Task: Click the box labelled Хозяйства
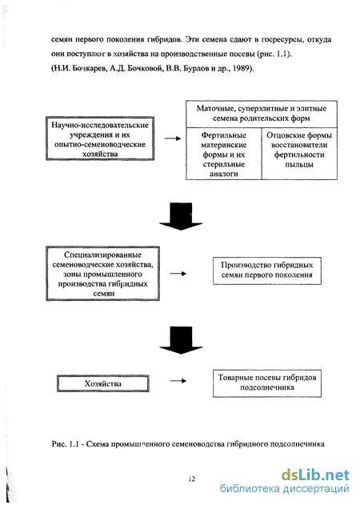[x=102, y=383]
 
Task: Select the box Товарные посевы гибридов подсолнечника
[x=267, y=383]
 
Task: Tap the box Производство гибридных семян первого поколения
[x=267, y=271]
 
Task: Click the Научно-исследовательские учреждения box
[x=100, y=138]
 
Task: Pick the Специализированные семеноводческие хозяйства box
[x=102, y=274]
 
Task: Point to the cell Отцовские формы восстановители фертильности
[x=299, y=154]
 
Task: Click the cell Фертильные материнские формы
[x=224, y=154]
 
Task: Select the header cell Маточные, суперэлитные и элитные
[x=262, y=114]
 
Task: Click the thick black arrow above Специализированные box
[x=181, y=216]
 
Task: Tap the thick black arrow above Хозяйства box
[x=181, y=340]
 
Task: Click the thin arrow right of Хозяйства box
[x=178, y=381]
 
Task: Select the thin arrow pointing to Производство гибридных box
[x=178, y=274]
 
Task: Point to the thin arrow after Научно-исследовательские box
[x=173, y=138]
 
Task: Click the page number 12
[x=192, y=479]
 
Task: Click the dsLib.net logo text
[x=315, y=475]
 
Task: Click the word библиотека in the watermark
[x=250, y=488]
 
